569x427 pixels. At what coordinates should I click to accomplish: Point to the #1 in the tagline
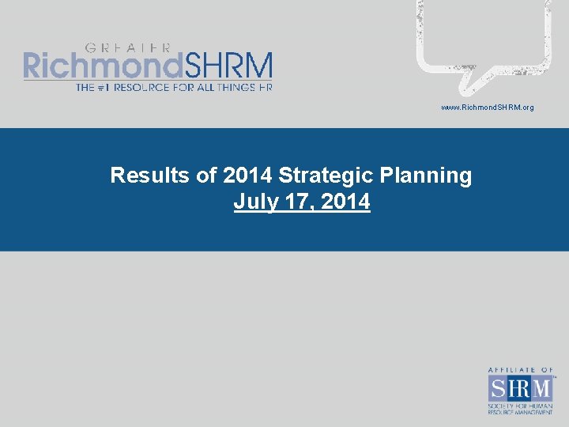[106, 87]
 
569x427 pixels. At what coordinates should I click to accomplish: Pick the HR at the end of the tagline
[264, 87]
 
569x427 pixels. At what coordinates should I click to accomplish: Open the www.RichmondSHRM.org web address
[487, 107]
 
